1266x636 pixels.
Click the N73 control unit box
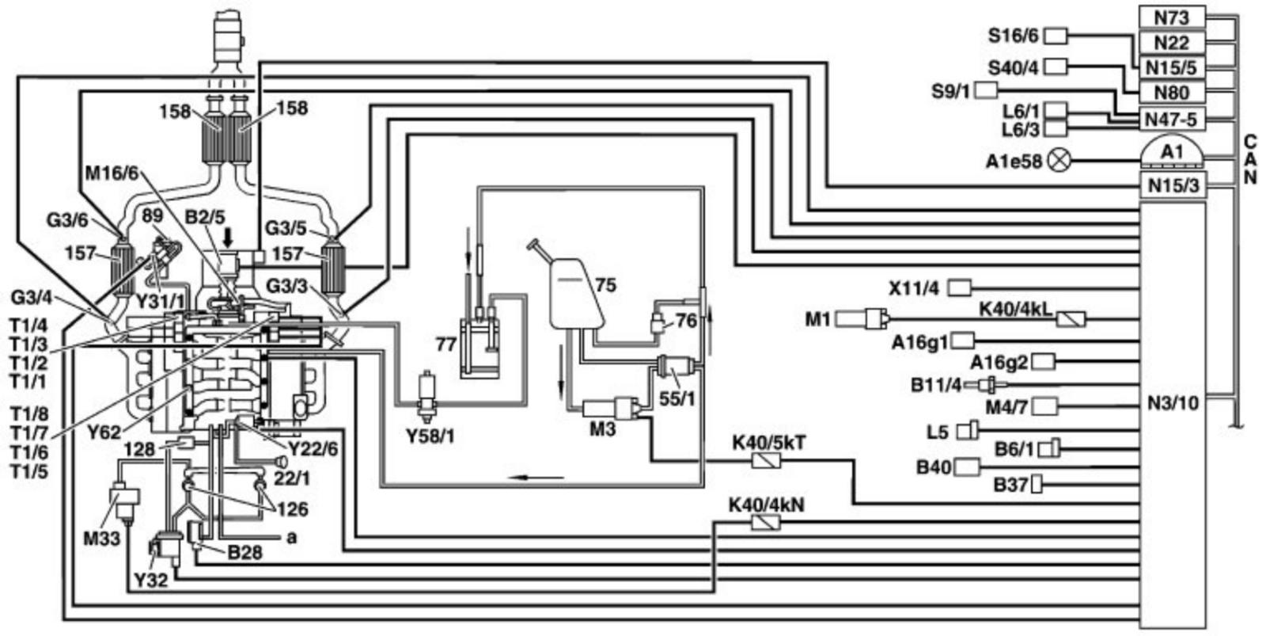1172,17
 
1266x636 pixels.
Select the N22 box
1172,42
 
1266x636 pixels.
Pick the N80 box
1172,92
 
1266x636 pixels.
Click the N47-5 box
1172,119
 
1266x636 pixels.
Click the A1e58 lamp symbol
1059,161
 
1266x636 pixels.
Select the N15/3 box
1172,185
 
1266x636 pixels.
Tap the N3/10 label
1172,403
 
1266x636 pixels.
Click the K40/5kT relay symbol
765,460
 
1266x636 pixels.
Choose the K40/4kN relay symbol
765,522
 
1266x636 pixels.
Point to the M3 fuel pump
611,409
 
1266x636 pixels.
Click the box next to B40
966,467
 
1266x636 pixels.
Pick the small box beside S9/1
985,89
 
